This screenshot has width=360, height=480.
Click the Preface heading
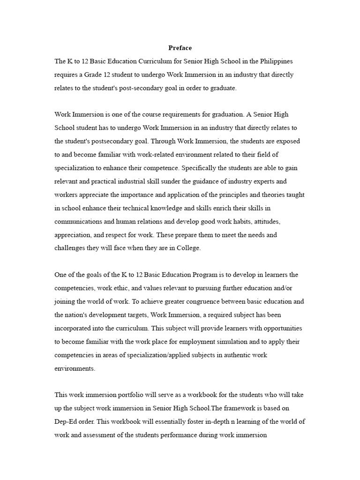pos(180,48)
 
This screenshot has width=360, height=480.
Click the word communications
pos(77,221)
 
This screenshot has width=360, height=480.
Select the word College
pos(188,248)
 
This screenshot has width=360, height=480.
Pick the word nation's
pos(79,315)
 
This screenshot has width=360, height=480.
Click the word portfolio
pos(122,395)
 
